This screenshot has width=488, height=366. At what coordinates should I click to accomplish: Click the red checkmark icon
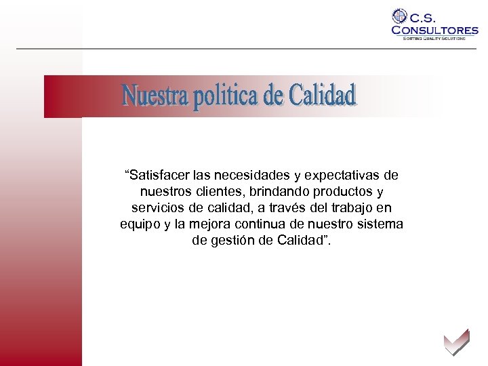[455, 342]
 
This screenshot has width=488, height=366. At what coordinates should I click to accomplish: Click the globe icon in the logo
[400, 16]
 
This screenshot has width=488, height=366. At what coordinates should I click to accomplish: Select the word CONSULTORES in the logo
[434, 30]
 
